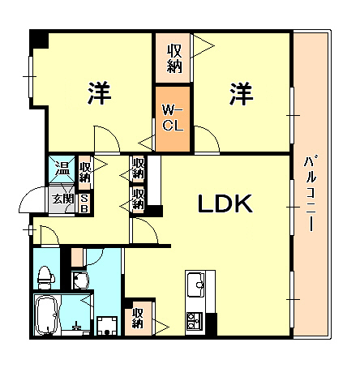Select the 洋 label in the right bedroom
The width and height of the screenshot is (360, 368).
tap(240, 94)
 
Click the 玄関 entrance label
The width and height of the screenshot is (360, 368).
tap(62, 199)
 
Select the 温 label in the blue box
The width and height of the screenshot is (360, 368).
tap(62, 170)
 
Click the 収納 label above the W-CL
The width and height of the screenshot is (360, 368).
tap(174, 57)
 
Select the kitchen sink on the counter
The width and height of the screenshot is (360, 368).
tap(196, 285)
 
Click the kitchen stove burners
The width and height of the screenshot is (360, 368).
tap(196, 321)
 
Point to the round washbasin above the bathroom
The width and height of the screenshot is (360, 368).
tap(80, 281)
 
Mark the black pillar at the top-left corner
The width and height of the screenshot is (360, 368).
tap(38, 38)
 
